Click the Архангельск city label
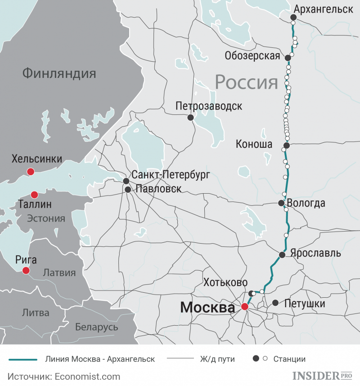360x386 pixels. [323, 9]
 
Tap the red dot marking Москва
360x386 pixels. [244, 307]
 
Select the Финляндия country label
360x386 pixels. [59, 73]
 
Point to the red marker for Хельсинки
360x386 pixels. [31, 172]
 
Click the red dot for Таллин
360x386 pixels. [34, 195]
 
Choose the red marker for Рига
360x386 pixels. [26, 270]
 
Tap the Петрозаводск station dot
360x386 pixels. [190, 118]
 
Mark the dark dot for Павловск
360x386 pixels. [128, 190]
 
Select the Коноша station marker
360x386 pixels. [286, 145]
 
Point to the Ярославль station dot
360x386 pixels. [282, 255]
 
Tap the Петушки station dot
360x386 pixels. [275, 304]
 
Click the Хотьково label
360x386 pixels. [225, 282]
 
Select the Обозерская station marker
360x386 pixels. [288, 58]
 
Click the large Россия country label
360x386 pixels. [246, 82]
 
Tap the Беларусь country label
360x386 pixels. [96, 327]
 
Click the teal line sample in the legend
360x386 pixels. [22, 359]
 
